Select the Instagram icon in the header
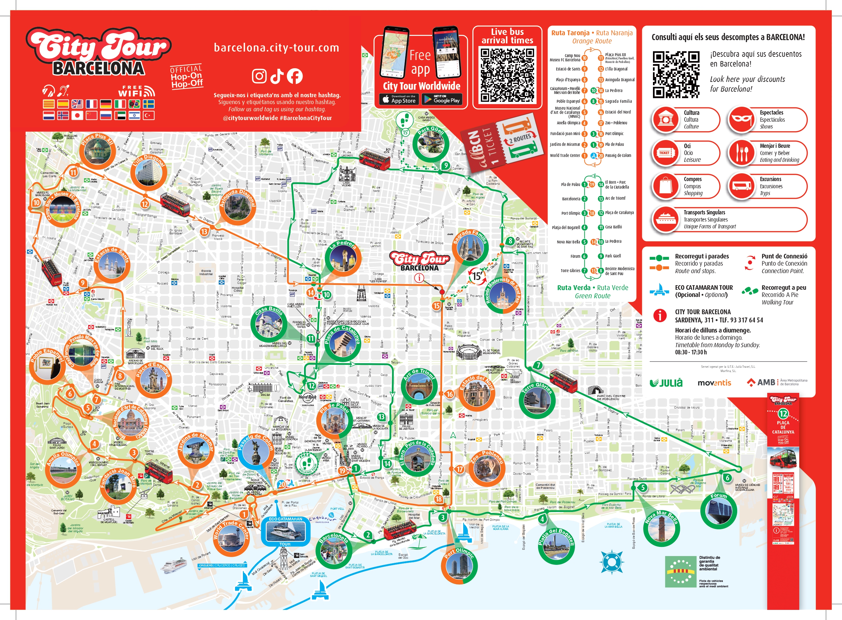point(259,76)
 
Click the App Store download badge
point(399,99)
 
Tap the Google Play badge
point(442,99)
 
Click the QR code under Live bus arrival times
point(507,75)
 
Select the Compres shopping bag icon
point(665,186)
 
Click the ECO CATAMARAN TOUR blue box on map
point(285,531)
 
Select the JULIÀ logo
point(666,383)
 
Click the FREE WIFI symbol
point(136,91)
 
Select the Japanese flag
point(77,115)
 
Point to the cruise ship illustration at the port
point(174,565)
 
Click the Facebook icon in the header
point(295,76)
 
